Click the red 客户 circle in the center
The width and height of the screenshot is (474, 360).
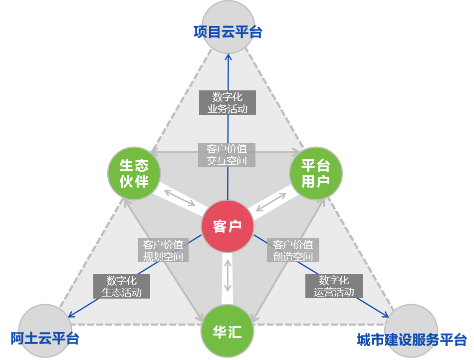(228, 226)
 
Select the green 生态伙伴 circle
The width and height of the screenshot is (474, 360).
(134, 173)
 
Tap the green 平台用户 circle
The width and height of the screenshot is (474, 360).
(316, 173)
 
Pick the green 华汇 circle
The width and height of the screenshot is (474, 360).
(227, 332)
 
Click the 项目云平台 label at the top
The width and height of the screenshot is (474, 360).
(228, 32)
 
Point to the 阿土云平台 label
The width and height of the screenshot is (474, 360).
(45, 338)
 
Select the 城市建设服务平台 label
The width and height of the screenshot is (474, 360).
(412, 340)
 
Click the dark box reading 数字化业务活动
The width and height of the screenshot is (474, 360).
(228, 102)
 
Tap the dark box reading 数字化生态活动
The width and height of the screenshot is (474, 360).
(122, 287)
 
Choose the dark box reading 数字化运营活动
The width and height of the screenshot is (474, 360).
(334, 286)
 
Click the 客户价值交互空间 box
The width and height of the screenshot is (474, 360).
(227, 154)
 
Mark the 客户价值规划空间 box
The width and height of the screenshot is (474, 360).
(163, 251)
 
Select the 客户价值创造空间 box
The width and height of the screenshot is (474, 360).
(293, 251)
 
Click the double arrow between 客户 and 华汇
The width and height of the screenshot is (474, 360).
(228, 275)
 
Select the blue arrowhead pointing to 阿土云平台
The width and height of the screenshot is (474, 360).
(70, 316)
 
